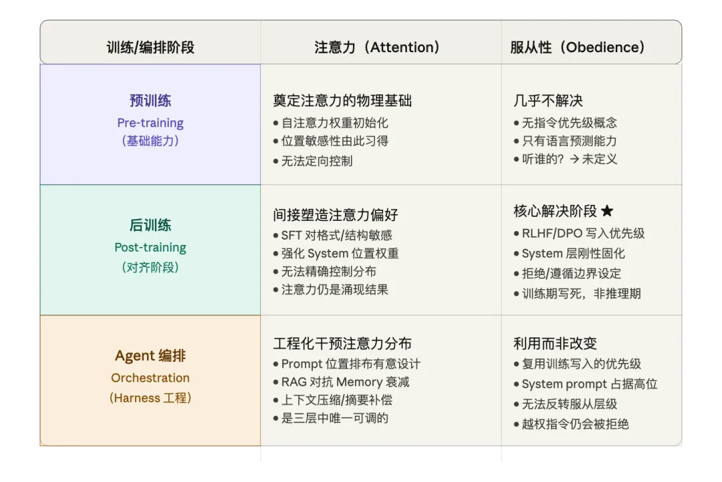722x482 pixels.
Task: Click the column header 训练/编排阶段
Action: pos(150,47)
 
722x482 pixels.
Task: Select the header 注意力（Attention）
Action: pos(376,47)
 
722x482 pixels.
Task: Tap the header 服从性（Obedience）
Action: pos(577,47)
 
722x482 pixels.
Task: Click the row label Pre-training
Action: pos(150,123)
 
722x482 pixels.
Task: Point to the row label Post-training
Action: pos(150,247)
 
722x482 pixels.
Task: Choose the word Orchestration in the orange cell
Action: pos(150,378)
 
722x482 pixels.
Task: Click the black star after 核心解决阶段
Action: pos(607,211)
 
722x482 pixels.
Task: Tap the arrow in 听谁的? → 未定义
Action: pos(574,159)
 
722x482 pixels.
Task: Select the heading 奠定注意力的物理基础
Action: pos(342,100)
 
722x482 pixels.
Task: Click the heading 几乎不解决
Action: pos(548,100)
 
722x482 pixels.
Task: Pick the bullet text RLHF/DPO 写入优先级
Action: pos(583,234)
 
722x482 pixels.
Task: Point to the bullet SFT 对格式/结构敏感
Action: pos(336,235)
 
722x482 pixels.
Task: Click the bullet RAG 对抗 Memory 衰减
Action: pos(345,382)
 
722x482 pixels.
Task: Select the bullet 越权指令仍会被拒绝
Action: pos(575,424)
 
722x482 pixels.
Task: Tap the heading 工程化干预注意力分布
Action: pos(342,343)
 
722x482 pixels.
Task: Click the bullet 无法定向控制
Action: pos(317,161)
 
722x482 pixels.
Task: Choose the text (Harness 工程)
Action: pos(150,398)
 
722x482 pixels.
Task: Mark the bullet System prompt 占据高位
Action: pos(590,384)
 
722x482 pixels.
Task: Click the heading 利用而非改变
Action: pos(555,343)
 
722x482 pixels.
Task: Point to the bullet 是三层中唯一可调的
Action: pos(335,418)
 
